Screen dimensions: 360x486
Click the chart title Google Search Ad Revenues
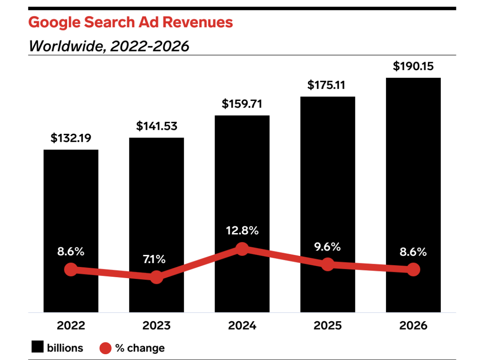pyautogui.click(x=131, y=22)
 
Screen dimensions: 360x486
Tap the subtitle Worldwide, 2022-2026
pyautogui.click(x=109, y=46)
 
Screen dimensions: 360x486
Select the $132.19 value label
pyautogui.click(x=71, y=138)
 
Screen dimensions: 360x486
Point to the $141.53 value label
pyautogui.click(x=157, y=126)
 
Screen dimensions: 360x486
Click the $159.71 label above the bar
pyautogui.click(x=242, y=104)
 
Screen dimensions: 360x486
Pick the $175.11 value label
pyautogui.click(x=327, y=85)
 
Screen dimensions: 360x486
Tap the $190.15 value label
pyautogui.click(x=413, y=66)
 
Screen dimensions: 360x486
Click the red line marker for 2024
pyautogui.click(x=242, y=249)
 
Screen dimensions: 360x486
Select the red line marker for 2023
pyautogui.click(x=157, y=277)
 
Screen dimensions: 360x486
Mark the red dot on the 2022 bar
pyautogui.click(x=71, y=270)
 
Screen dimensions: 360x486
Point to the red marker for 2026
pyautogui.click(x=413, y=270)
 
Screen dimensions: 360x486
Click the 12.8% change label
pyautogui.click(x=242, y=231)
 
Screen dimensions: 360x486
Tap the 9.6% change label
pyautogui.click(x=327, y=247)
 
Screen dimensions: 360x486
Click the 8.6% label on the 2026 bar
pyautogui.click(x=413, y=252)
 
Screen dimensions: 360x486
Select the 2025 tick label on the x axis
pyautogui.click(x=327, y=326)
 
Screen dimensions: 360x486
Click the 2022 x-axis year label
pyautogui.click(x=71, y=326)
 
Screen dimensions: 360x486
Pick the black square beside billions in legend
pyautogui.click(x=37, y=348)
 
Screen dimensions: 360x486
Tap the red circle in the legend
pyautogui.click(x=105, y=348)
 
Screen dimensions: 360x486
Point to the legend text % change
pyautogui.click(x=140, y=348)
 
